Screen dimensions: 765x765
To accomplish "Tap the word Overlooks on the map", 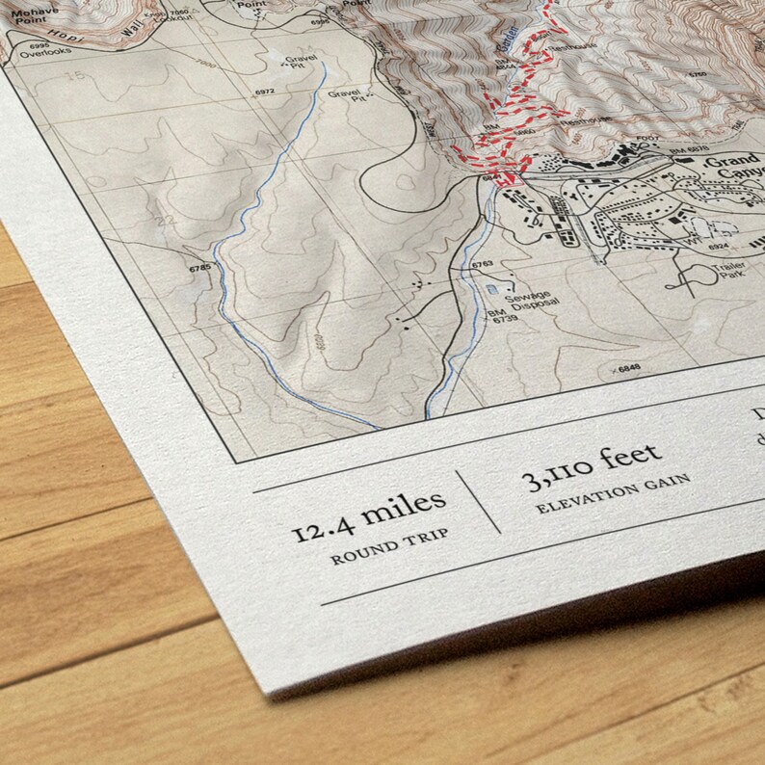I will tap(52, 50).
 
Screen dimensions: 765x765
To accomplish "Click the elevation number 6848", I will tap(628, 368).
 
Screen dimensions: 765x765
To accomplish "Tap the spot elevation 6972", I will tap(265, 92).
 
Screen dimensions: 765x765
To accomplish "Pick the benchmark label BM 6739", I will tap(503, 318).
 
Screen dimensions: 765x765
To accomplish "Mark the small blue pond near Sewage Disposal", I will tap(495, 288).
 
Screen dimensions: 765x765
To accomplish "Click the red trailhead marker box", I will tap(510, 179).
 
